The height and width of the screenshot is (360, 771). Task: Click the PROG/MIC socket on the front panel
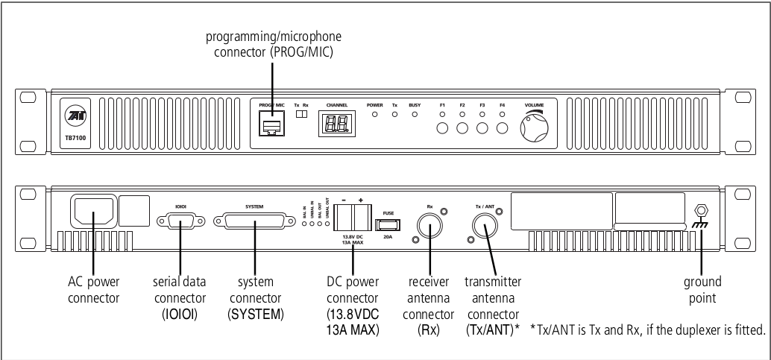272,126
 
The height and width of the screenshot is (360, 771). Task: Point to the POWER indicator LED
374,115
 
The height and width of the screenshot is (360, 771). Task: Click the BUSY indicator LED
415,115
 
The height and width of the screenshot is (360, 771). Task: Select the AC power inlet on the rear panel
93,211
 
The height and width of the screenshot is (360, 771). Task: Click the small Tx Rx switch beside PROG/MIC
300,116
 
